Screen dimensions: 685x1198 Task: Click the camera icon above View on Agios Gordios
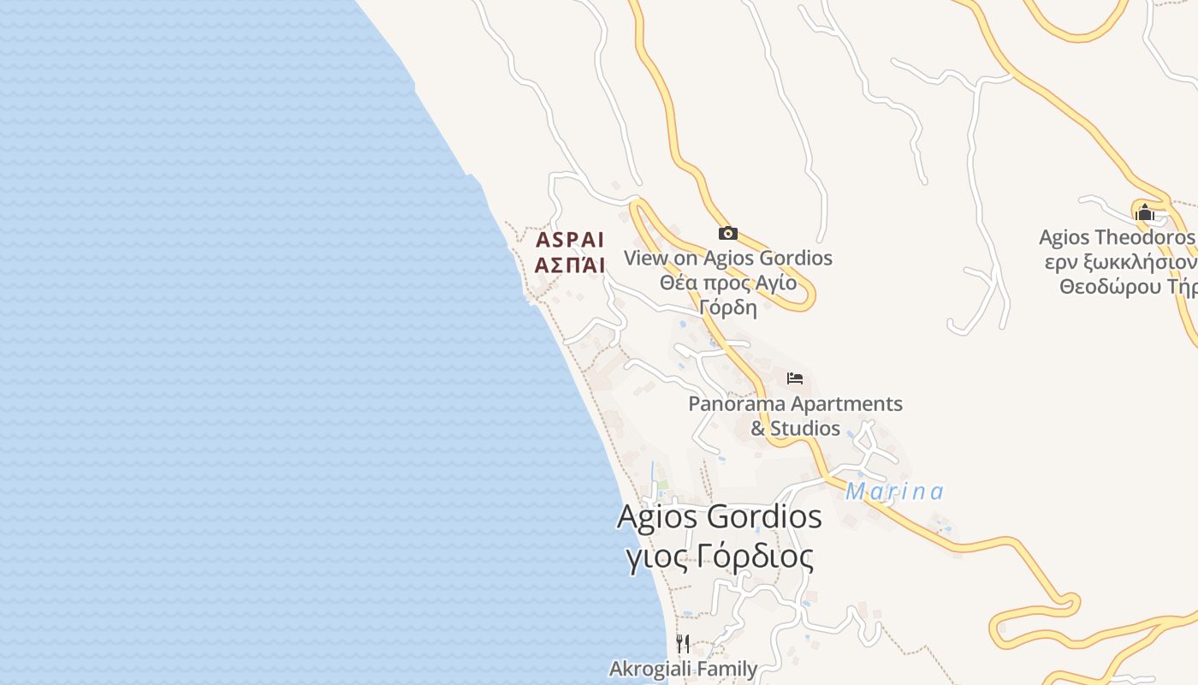727,233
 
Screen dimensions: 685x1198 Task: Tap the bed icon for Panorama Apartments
795,378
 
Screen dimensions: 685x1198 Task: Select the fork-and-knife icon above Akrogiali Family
682,643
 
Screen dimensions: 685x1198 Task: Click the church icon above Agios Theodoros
1145,212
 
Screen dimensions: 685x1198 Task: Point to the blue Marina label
894,491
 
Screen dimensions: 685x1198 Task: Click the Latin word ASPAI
570,240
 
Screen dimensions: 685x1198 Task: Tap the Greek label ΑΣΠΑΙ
570,265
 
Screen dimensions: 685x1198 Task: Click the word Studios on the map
805,428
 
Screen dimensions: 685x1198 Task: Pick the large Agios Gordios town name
719,517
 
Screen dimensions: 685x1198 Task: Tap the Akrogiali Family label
683,669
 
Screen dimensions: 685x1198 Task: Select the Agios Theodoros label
1116,237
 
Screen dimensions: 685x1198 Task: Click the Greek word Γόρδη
727,307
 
